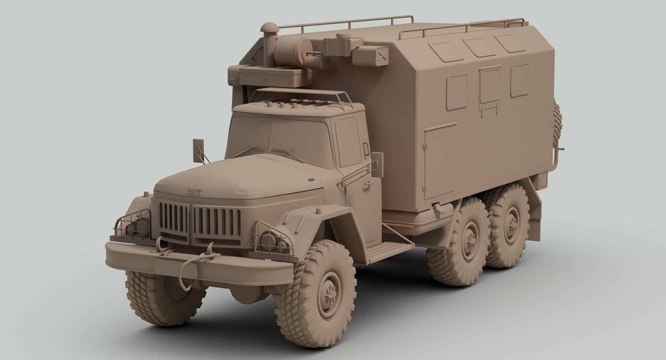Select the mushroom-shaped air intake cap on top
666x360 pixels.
268,27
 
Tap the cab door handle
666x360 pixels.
365,186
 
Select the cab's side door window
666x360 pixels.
348,142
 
